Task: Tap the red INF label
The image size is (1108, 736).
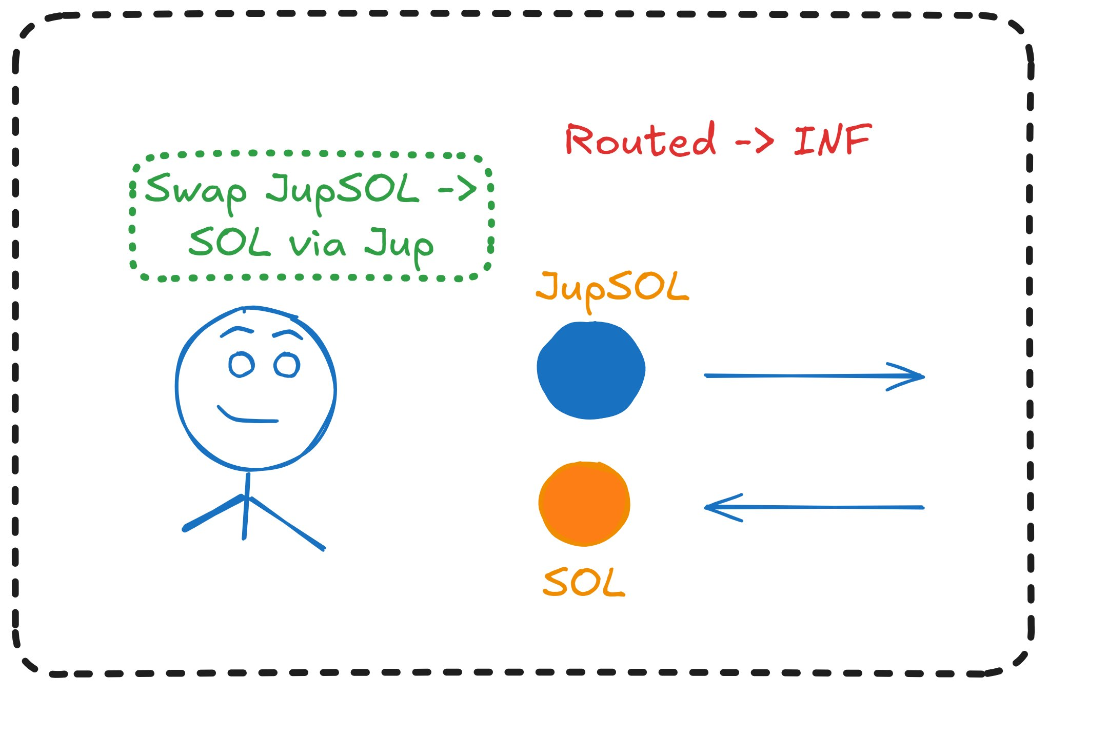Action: pos(832,140)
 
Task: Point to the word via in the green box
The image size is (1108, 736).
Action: pos(317,245)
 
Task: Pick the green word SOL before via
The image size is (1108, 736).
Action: pos(229,242)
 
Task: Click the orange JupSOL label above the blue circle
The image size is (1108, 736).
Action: pos(612,288)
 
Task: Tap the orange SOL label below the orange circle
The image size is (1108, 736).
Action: pos(584,582)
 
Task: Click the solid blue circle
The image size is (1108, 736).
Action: pos(591,370)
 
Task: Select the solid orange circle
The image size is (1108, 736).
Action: pos(584,504)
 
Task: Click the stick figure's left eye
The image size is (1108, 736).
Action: pos(241,365)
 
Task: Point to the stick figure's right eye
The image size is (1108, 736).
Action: pos(287,365)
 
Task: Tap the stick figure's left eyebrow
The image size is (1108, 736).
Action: pos(236,331)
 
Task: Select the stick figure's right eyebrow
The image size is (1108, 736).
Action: pos(288,334)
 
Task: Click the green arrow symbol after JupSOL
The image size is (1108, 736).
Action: pos(457,190)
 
